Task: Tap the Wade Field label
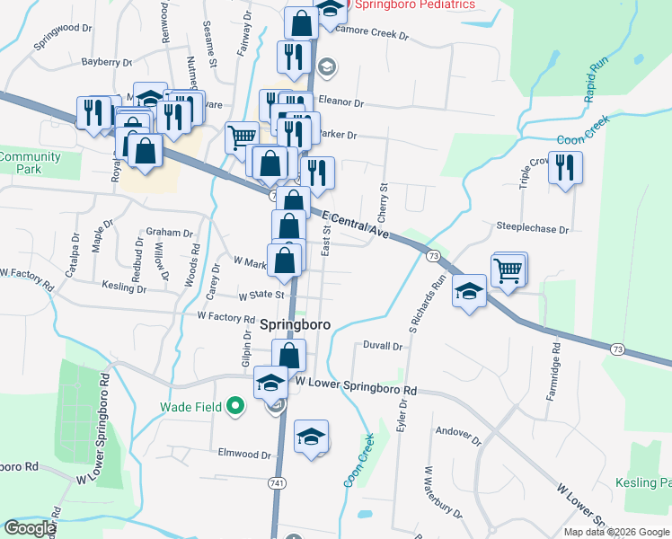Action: pos(190,407)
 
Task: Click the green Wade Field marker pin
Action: pos(235,407)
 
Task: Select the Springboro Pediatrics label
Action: pos(414,4)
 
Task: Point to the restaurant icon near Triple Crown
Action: pos(565,168)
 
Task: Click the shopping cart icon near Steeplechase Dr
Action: pos(508,269)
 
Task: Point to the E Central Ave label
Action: pos(355,226)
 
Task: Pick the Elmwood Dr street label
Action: pos(244,455)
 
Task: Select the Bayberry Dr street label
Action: pos(107,63)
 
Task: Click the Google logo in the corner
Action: pos(30,528)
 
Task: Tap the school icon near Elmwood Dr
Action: pos(311,437)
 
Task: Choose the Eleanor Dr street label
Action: pos(340,103)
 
